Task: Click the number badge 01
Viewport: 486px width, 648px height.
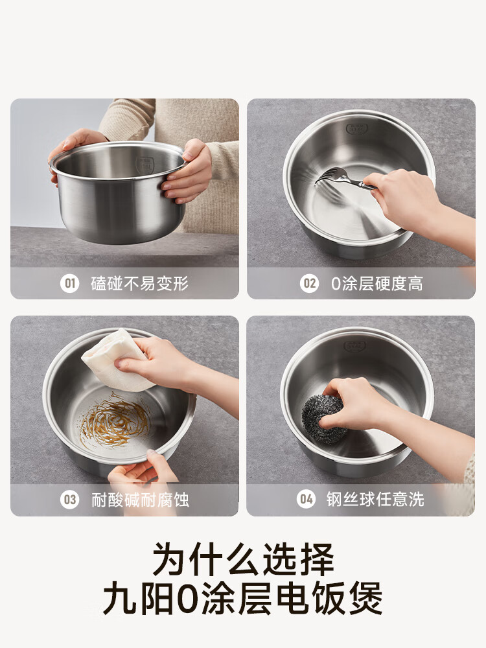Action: pyautogui.click(x=69, y=283)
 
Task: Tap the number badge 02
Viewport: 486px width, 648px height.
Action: pyautogui.click(x=309, y=283)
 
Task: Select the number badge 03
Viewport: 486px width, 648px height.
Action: pyautogui.click(x=69, y=500)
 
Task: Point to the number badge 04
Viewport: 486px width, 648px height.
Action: pyautogui.click(x=306, y=499)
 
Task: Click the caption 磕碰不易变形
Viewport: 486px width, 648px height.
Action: pyautogui.click(x=139, y=283)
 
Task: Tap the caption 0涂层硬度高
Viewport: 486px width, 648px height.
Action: pyautogui.click(x=376, y=283)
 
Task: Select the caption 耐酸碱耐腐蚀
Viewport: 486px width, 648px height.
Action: pyautogui.click(x=139, y=500)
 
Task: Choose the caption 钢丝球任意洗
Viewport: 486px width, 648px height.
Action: pyautogui.click(x=375, y=499)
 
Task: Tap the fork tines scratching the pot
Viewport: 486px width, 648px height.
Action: pyautogui.click(x=330, y=176)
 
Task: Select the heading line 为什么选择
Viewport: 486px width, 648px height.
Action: pyautogui.click(x=243, y=559)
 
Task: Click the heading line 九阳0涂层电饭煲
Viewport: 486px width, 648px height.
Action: pyautogui.click(x=243, y=599)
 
